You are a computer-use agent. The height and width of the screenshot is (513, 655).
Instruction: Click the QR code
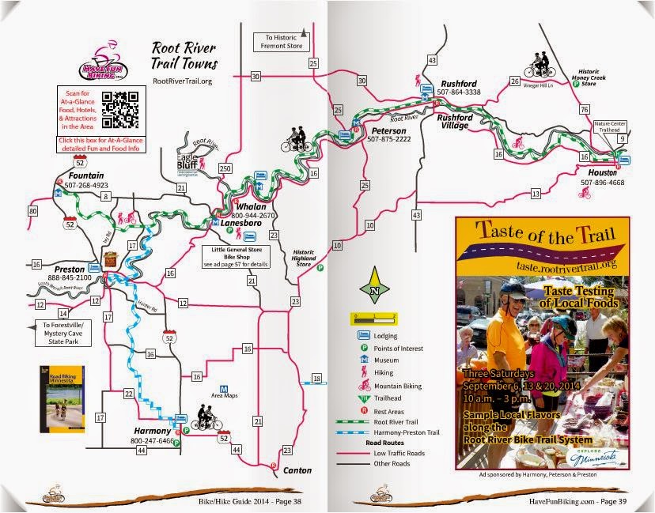(x=121, y=108)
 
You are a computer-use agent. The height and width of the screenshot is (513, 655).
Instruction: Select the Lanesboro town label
(x=224, y=224)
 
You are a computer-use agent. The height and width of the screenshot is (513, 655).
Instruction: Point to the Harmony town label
(x=152, y=431)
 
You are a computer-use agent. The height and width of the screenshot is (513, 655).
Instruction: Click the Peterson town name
(x=388, y=130)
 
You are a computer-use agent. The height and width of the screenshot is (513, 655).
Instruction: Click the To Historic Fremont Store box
(x=278, y=42)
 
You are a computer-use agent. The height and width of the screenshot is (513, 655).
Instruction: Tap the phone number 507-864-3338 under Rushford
(x=458, y=92)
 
